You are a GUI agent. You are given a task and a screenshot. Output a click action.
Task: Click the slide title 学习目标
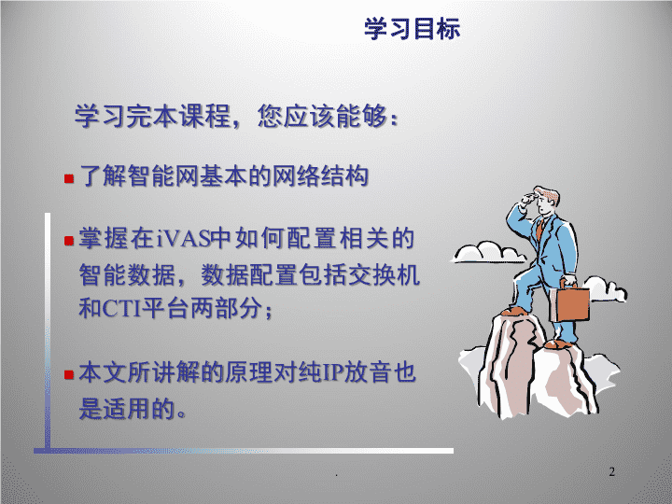tap(413, 29)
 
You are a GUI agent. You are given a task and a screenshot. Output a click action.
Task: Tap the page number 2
tap(612, 471)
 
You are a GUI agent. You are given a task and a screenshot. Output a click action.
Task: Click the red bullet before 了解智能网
tap(69, 178)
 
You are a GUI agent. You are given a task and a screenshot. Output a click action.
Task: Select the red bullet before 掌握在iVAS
tap(69, 241)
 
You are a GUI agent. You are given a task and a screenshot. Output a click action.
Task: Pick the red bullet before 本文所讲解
tap(69, 375)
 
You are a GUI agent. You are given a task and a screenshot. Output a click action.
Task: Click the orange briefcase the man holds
tap(569, 303)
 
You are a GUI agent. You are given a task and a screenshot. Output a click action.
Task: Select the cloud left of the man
tap(488, 252)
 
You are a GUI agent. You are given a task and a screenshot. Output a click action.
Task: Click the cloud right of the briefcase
tap(605, 288)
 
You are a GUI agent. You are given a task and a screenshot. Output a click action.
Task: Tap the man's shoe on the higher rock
tap(516, 311)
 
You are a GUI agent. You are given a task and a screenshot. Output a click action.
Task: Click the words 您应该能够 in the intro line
tap(322, 116)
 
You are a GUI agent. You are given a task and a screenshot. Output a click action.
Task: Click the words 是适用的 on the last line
tap(127, 408)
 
